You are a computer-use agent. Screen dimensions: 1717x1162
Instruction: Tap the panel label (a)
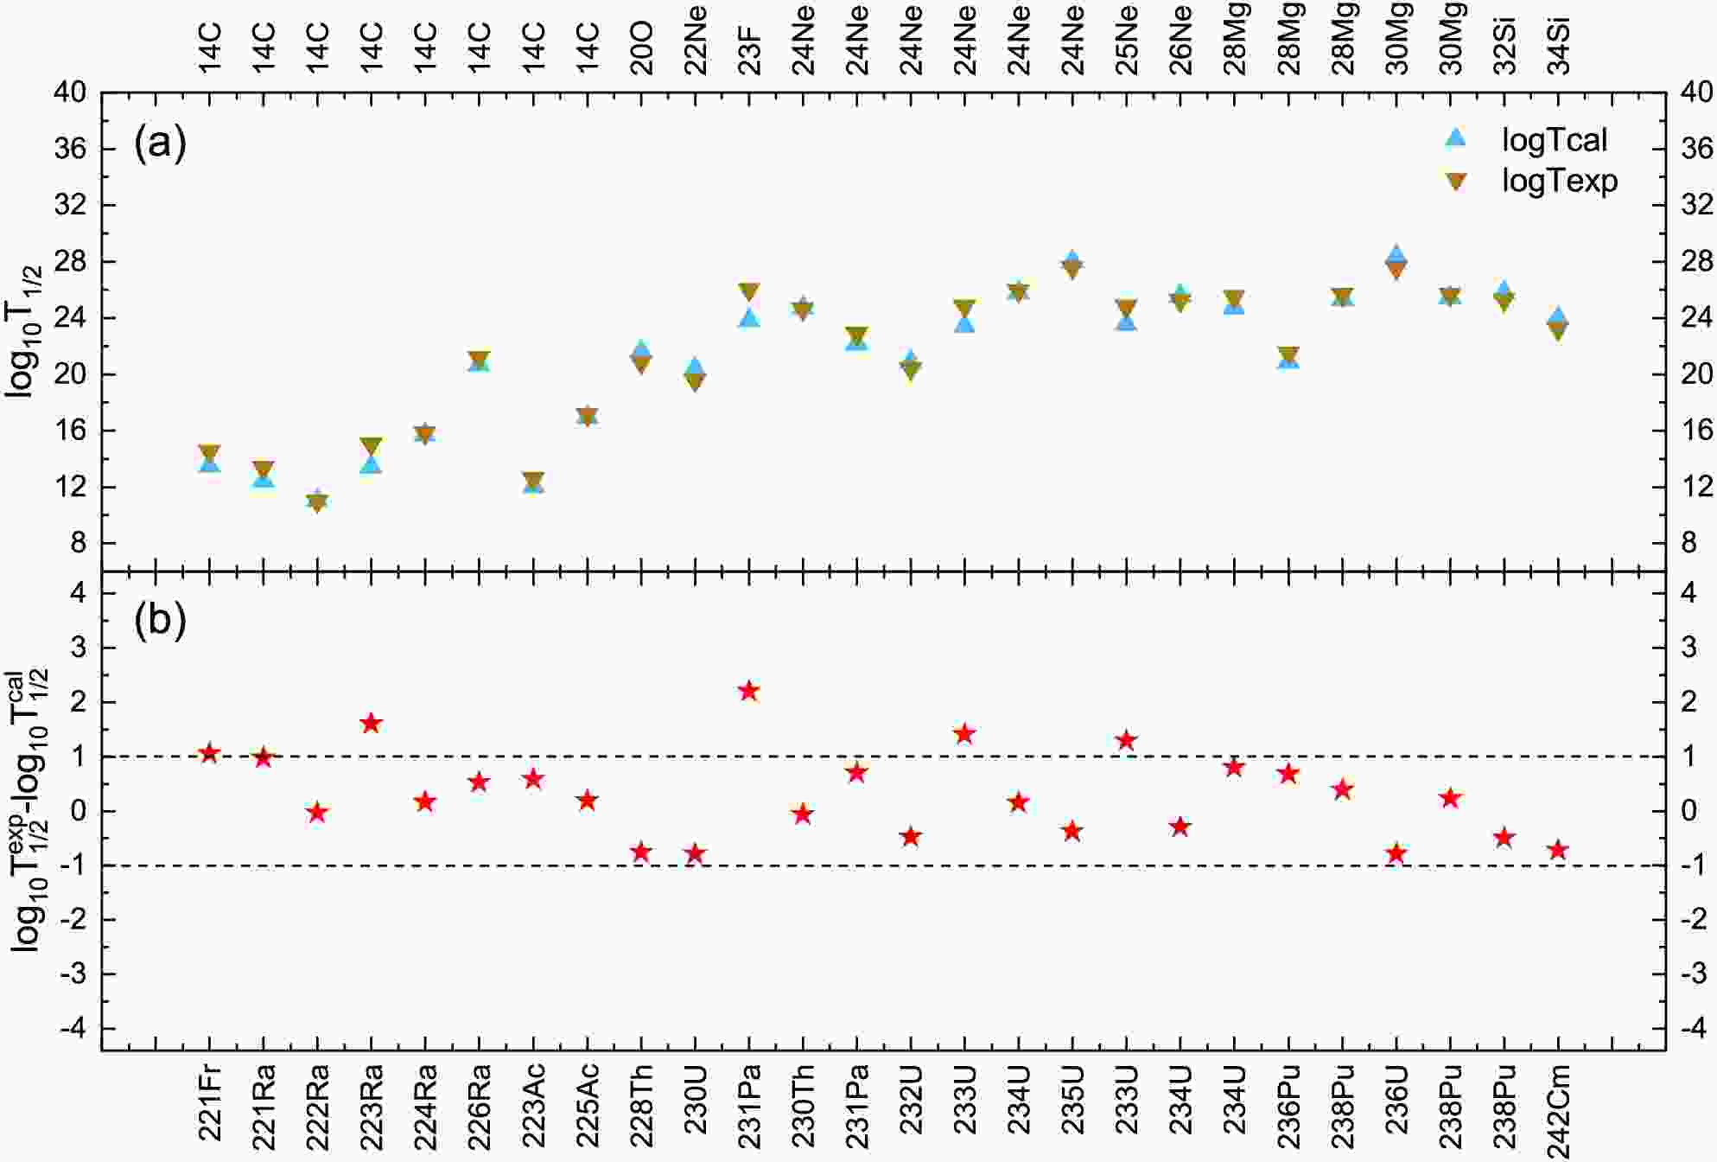[x=160, y=143]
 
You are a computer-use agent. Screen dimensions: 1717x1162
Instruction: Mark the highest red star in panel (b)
[x=749, y=691]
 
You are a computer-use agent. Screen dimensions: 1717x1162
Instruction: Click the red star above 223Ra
[x=372, y=724]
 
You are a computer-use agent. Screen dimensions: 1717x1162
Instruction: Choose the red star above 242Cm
[x=1559, y=850]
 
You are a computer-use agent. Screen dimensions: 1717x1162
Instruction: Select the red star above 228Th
[x=641, y=852]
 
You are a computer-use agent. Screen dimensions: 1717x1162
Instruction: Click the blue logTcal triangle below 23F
[x=749, y=318]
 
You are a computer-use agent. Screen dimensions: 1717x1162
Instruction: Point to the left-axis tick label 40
[x=70, y=92]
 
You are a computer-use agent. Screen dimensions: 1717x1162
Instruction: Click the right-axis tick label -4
[x=1695, y=1029]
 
